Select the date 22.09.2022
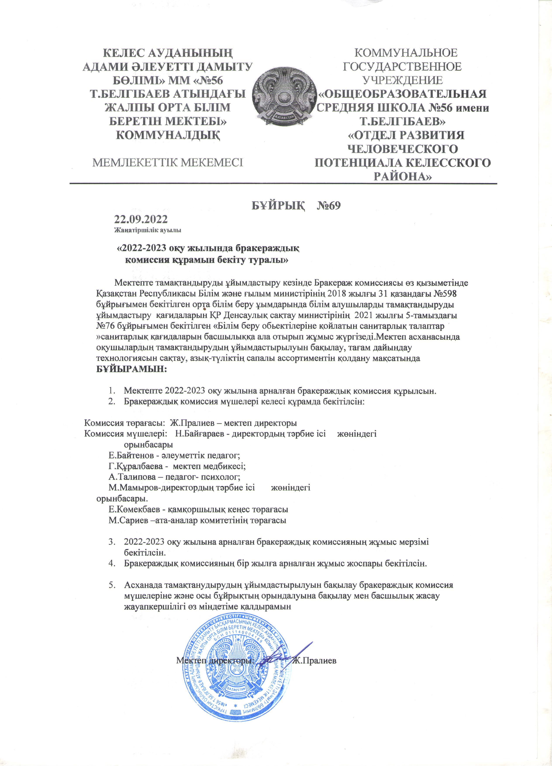141,220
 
